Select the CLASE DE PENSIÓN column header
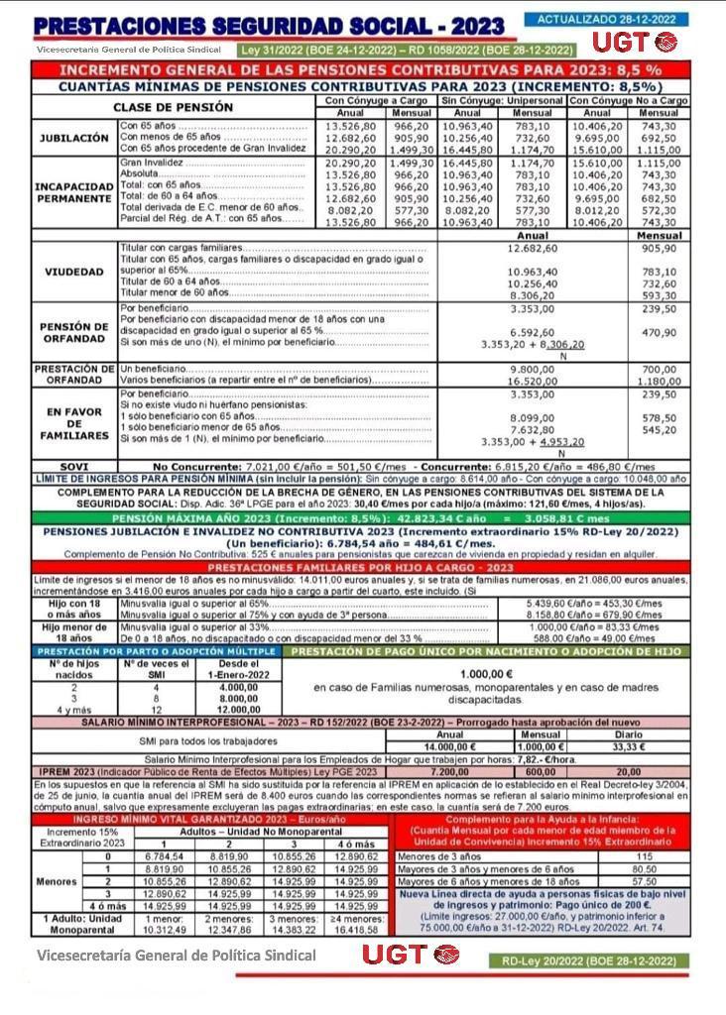pos(173,107)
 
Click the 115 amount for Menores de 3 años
pos(644,855)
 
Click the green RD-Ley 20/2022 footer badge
pos(589,960)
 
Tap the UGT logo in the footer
pos(409,955)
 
